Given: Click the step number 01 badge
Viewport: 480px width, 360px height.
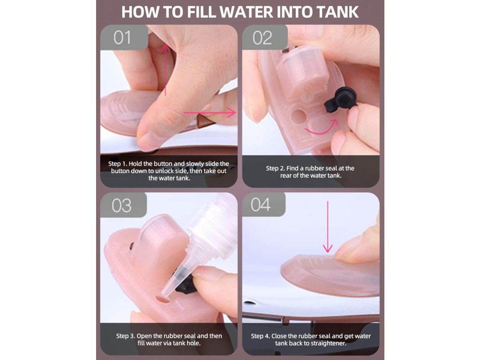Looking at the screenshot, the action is tap(124, 37).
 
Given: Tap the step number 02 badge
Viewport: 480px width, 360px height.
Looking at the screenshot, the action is tap(264, 37).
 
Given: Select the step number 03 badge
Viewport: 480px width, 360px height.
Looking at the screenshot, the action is tap(123, 205).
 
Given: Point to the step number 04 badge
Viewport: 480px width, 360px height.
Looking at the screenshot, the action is tap(263, 204).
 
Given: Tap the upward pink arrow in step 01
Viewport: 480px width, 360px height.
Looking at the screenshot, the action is tap(165, 69).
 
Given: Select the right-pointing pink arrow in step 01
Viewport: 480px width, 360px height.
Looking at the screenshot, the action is tap(210, 112).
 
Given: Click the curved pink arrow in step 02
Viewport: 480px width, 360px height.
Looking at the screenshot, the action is tap(322, 129).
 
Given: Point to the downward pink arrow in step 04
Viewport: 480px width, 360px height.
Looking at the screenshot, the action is tap(328, 226).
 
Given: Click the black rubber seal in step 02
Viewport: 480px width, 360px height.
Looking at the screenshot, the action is tap(340, 98).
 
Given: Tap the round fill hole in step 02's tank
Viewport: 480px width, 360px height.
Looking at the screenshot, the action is tap(297, 116).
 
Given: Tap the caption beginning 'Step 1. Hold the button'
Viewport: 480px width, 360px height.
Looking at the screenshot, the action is tap(169, 171).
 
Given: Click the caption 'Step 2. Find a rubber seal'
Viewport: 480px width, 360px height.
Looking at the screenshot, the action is tap(310, 172).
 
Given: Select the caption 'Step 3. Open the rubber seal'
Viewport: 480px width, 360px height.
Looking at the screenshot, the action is tap(169, 339).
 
